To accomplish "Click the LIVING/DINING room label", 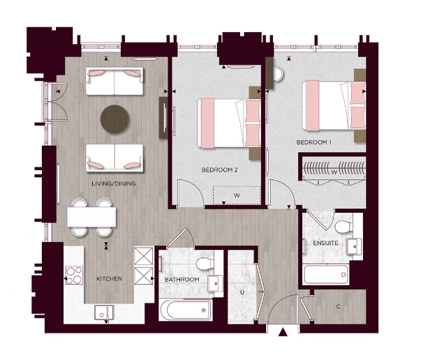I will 113,183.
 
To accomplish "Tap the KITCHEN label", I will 110,278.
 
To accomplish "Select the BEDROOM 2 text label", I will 220,170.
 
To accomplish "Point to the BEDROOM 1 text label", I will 313,142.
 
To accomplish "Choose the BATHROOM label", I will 182,279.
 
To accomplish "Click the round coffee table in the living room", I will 115,119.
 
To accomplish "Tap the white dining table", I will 92,218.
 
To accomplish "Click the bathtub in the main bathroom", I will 185,309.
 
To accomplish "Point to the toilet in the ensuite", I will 342,228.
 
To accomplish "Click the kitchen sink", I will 103,312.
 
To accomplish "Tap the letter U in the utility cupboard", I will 242,292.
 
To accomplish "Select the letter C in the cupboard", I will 338,306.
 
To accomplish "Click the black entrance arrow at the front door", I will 283,333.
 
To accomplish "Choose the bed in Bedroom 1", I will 334,105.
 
